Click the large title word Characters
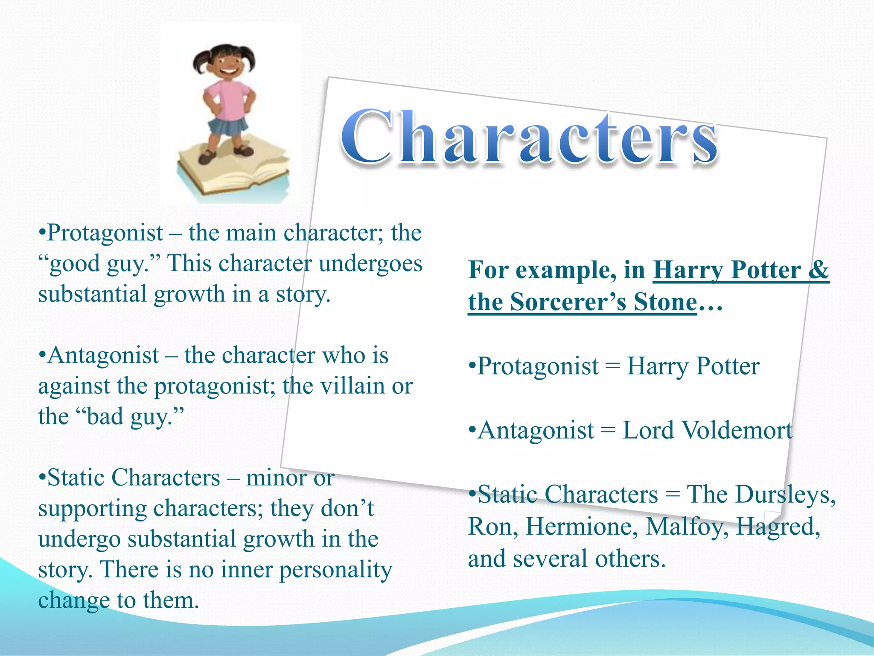pyautogui.click(x=529, y=138)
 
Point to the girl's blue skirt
pyautogui.click(x=228, y=126)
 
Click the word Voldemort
pyautogui.click(x=707, y=430)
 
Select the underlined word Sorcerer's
pyautogui.click(x=568, y=302)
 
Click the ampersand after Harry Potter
pyautogui.click(x=819, y=270)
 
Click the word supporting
pyautogui.click(x=93, y=509)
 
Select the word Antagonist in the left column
pyautogui.click(x=103, y=355)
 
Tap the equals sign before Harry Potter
pyautogui.click(x=612, y=366)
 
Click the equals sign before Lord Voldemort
pyautogui.click(x=608, y=430)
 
